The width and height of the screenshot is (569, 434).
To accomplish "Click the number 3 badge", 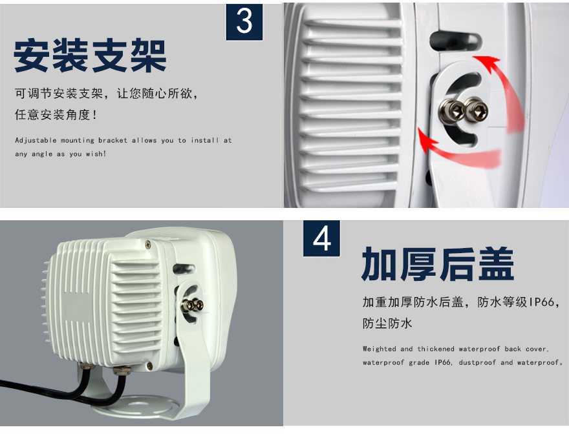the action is point(244,22).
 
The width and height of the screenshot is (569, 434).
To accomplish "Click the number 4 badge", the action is point(321,238).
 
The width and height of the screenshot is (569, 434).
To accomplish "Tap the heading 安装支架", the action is point(90,56).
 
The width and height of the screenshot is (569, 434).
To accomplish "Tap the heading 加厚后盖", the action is point(438,263).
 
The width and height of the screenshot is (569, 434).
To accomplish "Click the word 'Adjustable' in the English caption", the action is point(36,141).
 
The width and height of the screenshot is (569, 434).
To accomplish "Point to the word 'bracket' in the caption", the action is point(113,140).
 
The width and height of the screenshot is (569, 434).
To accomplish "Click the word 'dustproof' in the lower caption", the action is point(478,362).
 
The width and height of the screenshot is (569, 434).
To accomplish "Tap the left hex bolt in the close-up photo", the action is point(452,111).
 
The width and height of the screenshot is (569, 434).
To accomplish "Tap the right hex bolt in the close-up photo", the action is point(475,110).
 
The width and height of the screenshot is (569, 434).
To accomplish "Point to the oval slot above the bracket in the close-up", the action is point(455,42).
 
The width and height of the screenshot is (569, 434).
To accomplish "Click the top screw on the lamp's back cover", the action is point(147,245).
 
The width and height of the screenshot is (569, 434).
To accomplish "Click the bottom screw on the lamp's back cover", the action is point(149,366).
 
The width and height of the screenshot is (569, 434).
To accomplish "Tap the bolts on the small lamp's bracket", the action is point(192,305).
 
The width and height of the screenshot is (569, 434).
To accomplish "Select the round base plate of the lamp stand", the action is point(135,407).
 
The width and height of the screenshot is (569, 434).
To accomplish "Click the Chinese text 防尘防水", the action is point(387,323).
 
